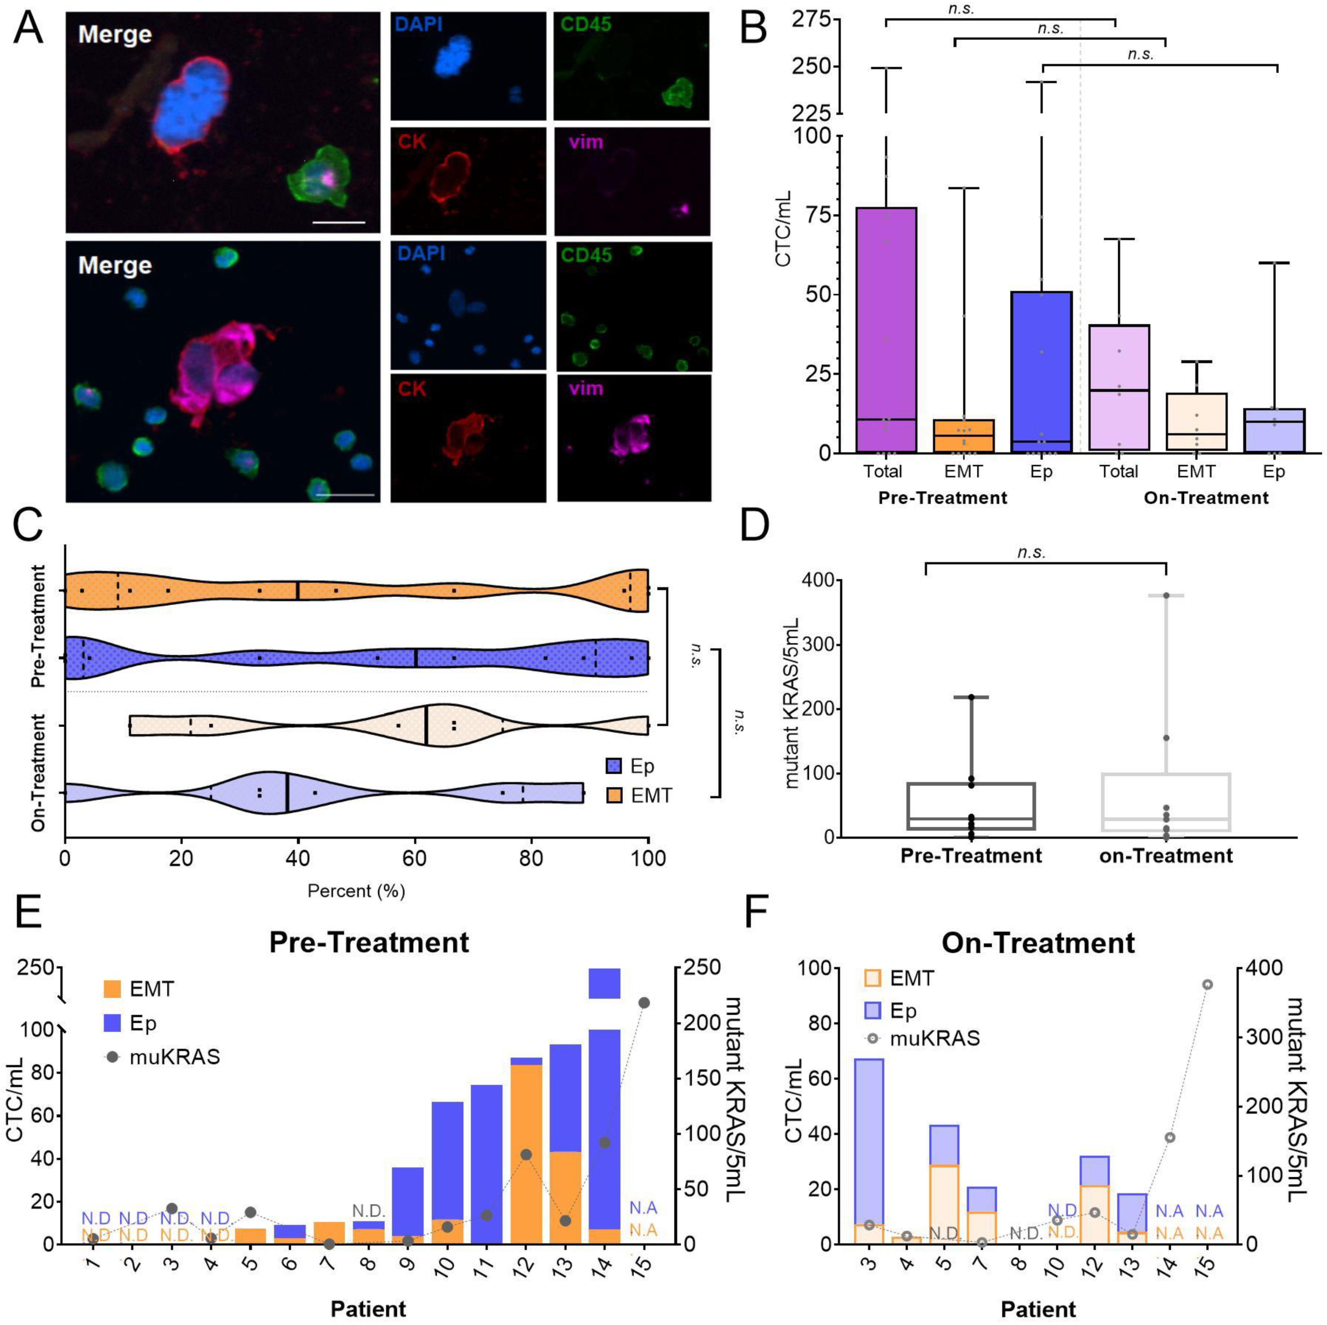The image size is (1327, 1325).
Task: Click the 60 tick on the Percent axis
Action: [x=414, y=859]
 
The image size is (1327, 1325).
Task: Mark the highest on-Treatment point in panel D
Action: [x=1166, y=595]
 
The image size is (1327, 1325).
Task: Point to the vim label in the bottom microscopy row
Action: [x=586, y=389]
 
